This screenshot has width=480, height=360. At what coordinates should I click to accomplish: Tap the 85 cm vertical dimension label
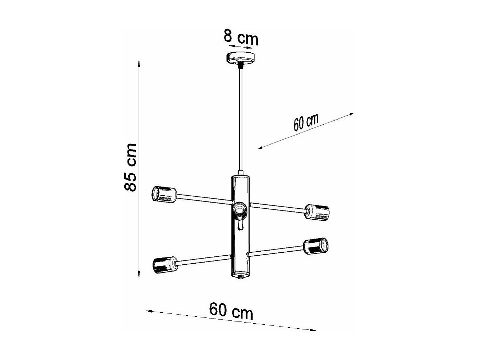pos(130,167)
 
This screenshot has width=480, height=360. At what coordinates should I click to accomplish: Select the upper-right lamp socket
pos(317,212)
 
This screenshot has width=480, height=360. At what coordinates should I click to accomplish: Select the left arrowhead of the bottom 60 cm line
pos(148,311)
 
